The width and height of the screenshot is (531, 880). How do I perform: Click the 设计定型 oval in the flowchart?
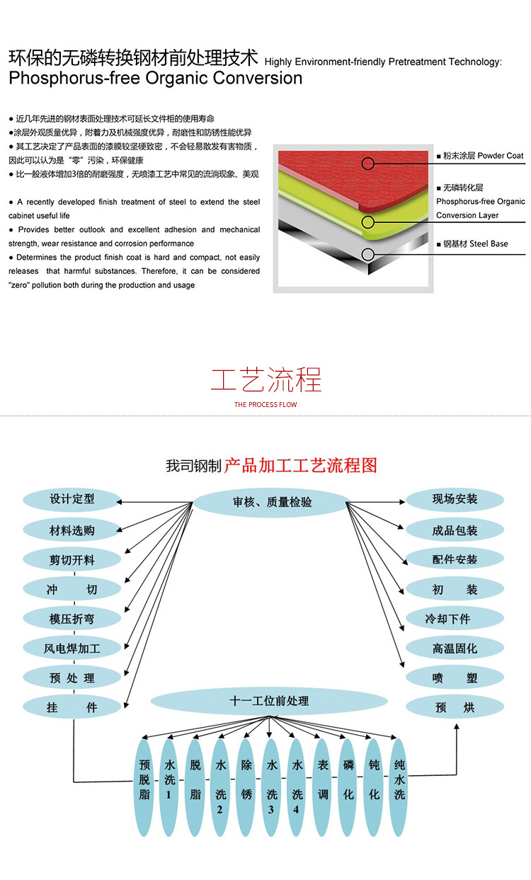pyautogui.click(x=72, y=499)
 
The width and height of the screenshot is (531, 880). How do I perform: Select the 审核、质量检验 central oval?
pyautogui.click(x=272, y=502)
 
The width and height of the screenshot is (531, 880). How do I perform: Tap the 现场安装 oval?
pyautogui.click(x=455, y=499)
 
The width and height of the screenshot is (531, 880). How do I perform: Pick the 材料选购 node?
pyautogui.click(x=72, y=530)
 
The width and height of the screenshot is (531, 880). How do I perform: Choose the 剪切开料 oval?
pyautogui.click(x=72, y=560)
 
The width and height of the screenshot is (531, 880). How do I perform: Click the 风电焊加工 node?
pyautogui.click(x=72, y=648)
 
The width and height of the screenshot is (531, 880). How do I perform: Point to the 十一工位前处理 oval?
pyautogui.click(x=269, y=701)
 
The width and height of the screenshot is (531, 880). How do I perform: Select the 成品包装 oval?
pyautogui.click(x=455, y=530)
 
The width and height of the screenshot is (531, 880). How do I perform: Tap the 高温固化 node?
pyautogui.click(x=455, y=648)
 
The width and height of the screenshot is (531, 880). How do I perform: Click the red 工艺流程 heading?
pyautogui.click(x=265, y=379)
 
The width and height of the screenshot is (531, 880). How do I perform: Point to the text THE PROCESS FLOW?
pyautogui.click(x=265, y=405)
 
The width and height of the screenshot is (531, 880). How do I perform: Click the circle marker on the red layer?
pyautogui.click(x=367, y=164)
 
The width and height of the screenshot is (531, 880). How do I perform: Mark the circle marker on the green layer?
pyautogui.click(x=367, y=222)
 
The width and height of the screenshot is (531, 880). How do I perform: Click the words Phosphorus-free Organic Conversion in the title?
pyautogui.click(x=156, y=79)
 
